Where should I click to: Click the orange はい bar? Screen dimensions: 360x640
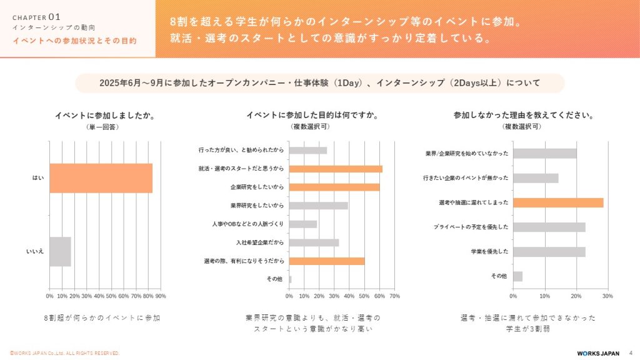pos(101,178)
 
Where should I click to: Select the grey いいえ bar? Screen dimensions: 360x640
pos(60,251)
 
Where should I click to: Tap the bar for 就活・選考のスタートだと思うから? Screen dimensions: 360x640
pos(336,169)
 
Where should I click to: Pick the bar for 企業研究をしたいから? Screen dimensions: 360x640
pos(334,187)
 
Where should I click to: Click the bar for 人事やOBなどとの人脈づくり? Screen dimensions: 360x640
pos(303,224)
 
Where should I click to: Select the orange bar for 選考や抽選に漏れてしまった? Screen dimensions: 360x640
pos(558,202)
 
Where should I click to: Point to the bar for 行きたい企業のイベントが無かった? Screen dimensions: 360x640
pos(536,178)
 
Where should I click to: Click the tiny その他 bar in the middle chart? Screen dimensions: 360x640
pos(290,279)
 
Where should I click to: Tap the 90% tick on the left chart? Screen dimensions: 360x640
pos(161,296)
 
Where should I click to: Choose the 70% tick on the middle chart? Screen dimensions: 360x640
pos(395,296)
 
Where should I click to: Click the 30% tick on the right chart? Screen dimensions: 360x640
pos(607,296)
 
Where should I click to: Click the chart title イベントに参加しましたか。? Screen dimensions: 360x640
pos(105,115)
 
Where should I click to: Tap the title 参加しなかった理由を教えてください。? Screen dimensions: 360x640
pos(523,115)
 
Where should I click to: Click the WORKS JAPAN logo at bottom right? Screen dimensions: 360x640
pos(598,353)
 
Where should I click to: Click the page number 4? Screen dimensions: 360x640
pos(630,353)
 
